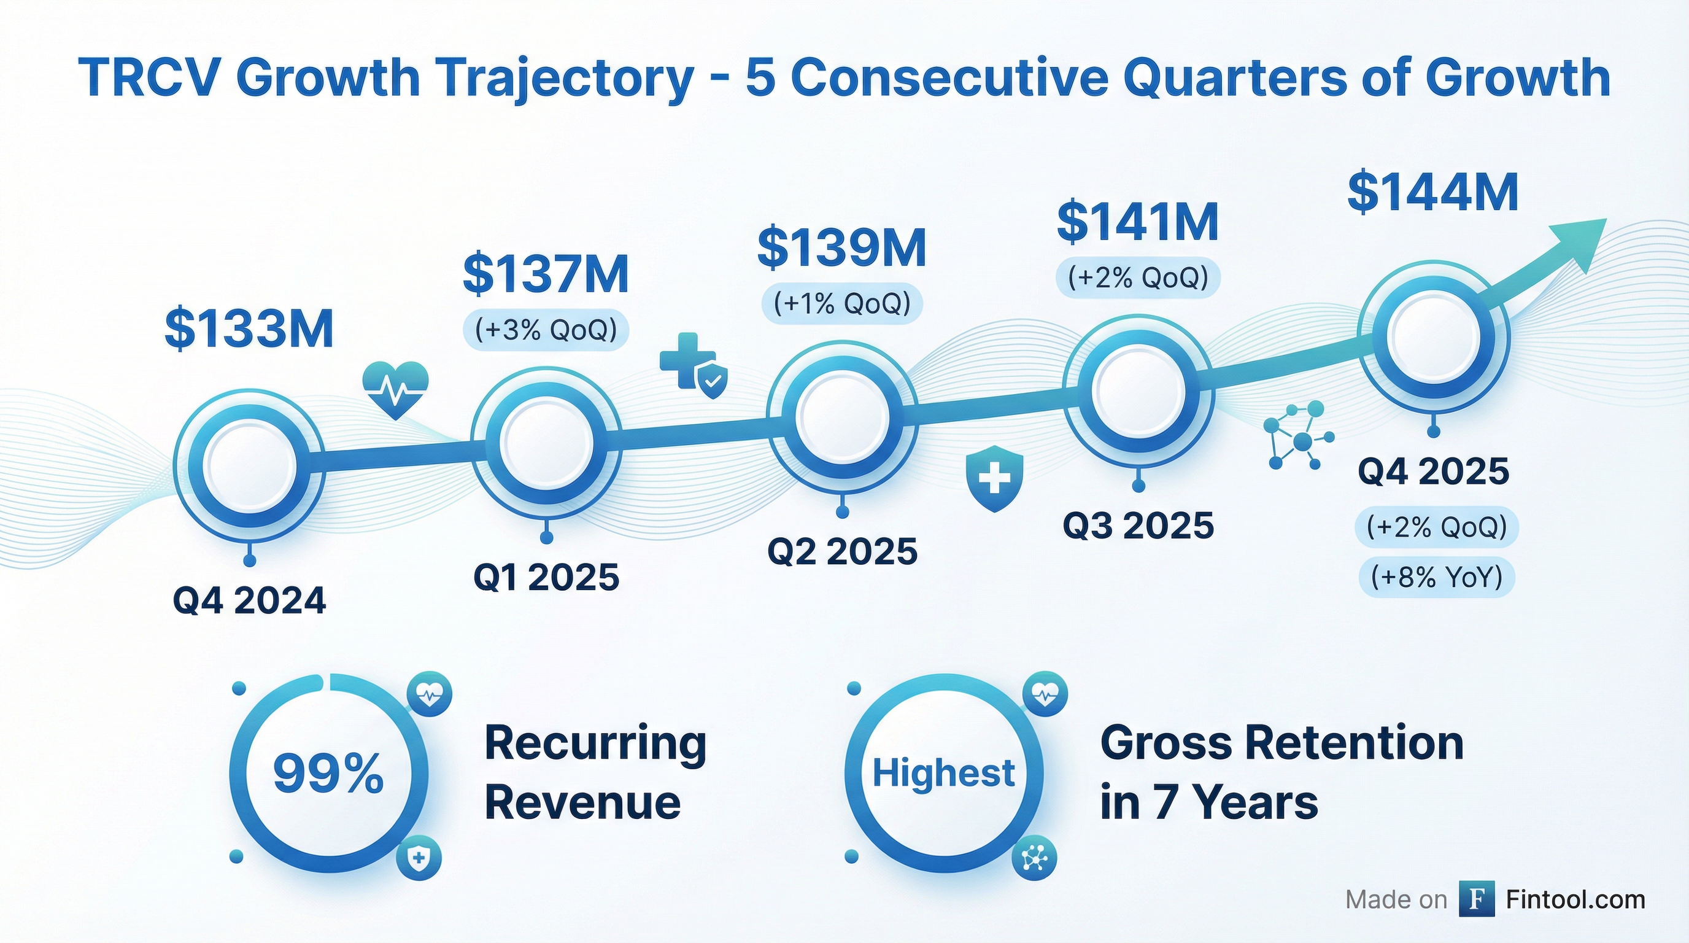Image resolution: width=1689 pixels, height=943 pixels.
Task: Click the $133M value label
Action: pos(249,328)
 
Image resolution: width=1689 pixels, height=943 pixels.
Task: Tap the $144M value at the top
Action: pos(1432,192)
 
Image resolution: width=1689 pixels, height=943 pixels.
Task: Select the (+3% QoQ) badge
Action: pos(546,330)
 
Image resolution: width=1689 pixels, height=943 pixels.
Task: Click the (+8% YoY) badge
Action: pos(1437,578)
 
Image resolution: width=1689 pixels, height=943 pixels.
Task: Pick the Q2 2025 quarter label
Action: pos(842,551)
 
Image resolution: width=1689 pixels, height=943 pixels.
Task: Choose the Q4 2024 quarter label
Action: pos(249,600)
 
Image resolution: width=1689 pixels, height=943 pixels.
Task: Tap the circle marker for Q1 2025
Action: pos(546,443)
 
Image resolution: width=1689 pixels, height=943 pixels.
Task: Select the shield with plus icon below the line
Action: pos(995,478)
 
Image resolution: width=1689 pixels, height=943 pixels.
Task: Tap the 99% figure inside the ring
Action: pos(328,774)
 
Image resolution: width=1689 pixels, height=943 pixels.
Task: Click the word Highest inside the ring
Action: pos(943,773)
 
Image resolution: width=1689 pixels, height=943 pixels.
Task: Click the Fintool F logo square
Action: pos(1477,899)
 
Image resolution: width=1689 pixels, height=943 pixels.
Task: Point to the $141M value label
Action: pos(1138,222)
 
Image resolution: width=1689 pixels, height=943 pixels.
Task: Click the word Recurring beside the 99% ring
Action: pos(595,743)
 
